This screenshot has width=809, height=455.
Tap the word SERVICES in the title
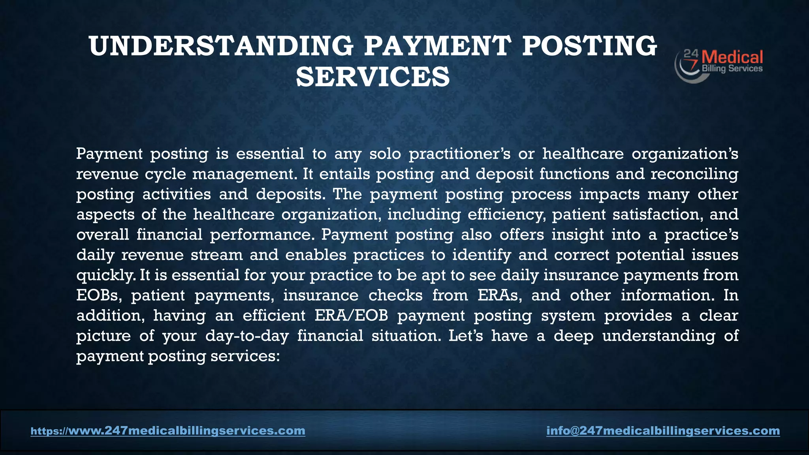pos(373,77)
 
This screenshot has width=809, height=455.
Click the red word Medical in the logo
pos(732,58)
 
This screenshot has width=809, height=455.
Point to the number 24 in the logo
pos(691,53)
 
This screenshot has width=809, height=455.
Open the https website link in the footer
pos(168,431)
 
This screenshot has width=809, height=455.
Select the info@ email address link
pos(663,431)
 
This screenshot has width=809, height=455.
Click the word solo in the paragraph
pos(385,154)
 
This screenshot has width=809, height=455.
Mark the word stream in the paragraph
pos(217,255)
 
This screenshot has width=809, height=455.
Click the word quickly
pos(105,275)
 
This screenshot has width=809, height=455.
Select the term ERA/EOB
pos(351,316)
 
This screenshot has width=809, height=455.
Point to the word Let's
pos(465,336)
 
